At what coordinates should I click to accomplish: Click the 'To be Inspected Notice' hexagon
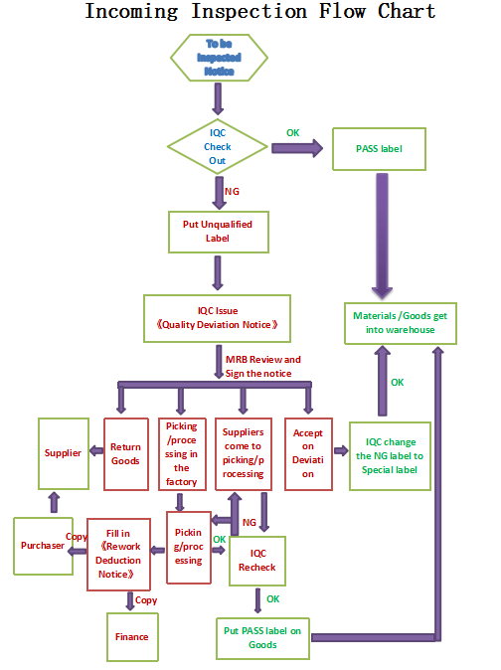(x=218, y=58)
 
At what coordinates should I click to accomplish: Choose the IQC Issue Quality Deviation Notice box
(x=217, y=317)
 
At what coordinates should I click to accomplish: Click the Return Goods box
(x=126, y=454)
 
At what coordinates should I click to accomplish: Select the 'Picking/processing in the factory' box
(x=182, y=453)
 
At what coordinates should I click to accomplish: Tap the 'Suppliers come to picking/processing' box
(x=244, y=453)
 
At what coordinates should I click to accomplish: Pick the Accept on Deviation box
(x=308, y=453)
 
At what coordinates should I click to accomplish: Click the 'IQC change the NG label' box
(x=390, y=454)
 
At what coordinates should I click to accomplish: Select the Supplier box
(x=64, y=453)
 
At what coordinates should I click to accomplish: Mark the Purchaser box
(x=42, y=545)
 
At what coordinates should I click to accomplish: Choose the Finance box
(x=131, y=636)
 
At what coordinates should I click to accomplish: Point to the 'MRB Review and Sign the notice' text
(x=262, y=365)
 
